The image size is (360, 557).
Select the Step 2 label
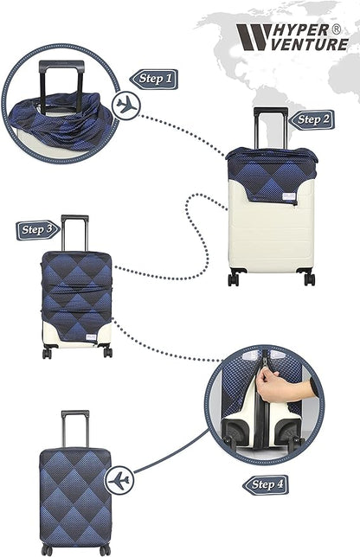click(312, 120)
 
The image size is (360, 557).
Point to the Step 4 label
click(265, 484)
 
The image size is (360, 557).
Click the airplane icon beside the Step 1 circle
click(126, 106)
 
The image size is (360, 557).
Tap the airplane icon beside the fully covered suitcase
click(119, 479)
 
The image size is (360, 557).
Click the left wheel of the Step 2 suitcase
click(234, 278)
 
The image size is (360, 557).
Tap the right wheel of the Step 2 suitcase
click(309, 278)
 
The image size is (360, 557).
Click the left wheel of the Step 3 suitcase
click(48, 352)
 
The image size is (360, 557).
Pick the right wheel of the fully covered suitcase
click(105, 550)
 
